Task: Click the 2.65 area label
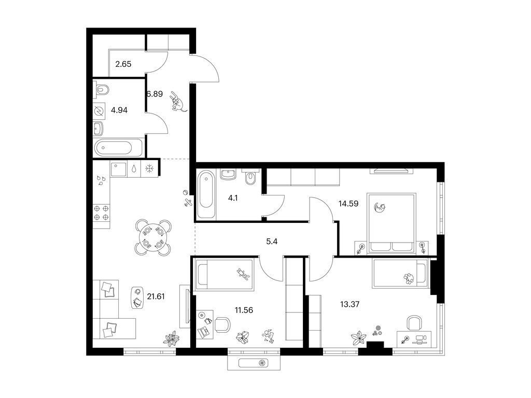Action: coord(123,64)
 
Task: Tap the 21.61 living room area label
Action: coord(156,296)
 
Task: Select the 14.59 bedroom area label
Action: coord(348,204)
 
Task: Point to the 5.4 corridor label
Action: coord(272,241)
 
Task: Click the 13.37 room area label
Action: coord(350,304)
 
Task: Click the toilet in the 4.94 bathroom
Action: coord(102,89)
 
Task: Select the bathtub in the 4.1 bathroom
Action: coord(206,194)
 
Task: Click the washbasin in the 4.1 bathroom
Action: coord(229,174)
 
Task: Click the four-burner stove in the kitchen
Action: coord(101,213)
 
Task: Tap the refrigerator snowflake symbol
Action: coord(149,168)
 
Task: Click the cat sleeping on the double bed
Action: coord(380,207)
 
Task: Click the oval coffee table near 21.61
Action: coord(137,297)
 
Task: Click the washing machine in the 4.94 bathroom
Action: coord(99,111)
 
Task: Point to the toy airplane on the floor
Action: coord(188,203)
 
